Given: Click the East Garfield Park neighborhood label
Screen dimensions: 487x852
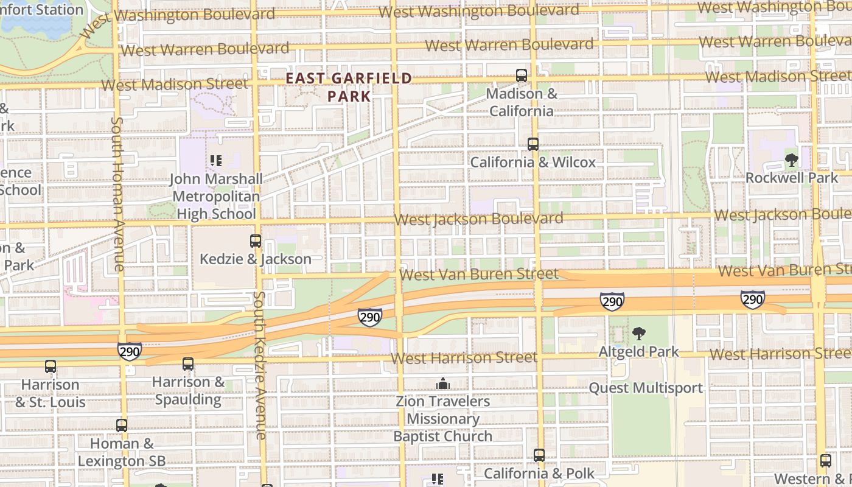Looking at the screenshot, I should [349, 87].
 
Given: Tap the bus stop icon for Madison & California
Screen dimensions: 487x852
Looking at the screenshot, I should [522, 75].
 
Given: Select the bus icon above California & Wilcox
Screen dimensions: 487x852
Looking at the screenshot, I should [533, 144].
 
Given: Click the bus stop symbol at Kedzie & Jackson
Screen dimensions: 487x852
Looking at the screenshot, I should [256, 241].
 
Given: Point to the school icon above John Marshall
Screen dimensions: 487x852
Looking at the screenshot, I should [215, 161].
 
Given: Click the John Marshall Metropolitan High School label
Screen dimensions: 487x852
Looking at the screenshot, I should [216, 196].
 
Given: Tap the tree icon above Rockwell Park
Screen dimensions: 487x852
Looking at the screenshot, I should [792, 160].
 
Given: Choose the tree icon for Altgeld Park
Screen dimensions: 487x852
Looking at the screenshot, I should [638, 334].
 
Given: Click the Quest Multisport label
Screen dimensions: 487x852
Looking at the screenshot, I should [646, 388].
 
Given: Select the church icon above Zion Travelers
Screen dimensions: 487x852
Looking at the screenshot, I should [443, 384].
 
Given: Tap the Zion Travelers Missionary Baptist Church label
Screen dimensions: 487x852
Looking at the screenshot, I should [442, 419].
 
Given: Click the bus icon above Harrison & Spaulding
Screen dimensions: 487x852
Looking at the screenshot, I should [188, 364].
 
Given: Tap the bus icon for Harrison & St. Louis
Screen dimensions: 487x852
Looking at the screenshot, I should [51, 366].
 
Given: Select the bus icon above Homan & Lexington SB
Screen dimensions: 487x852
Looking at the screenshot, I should [122, 426].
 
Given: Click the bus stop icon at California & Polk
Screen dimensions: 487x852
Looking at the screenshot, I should [539, 455].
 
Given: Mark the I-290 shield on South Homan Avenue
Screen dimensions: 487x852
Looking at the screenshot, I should [130, 351].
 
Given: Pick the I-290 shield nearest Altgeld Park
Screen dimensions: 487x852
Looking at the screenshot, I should [612, 301].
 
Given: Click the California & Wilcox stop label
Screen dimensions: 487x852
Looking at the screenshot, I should [533, 163].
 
